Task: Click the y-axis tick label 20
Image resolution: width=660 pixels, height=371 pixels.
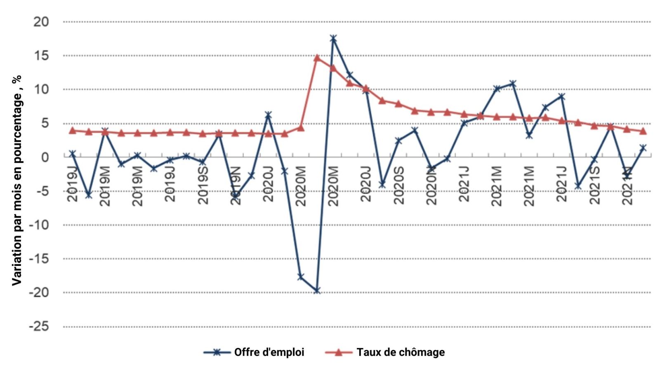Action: click(41, 22)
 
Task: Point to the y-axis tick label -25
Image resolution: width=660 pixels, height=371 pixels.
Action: click(39, 326)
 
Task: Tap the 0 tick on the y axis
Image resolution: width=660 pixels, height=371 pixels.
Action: click(45, 157)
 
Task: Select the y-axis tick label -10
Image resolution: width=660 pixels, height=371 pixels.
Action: click(39, 225)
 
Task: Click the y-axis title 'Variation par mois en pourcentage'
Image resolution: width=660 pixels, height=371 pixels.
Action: click(17, 180)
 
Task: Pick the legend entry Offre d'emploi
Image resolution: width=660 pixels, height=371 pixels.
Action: click(269, 352)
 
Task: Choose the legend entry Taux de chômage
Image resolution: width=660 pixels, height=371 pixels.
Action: click(401, 352)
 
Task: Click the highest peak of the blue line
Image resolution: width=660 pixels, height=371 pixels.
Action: click(333, 39)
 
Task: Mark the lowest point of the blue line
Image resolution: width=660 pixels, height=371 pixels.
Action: click(317, 291)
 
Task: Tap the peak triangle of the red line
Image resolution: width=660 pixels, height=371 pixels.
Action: click(317, 58)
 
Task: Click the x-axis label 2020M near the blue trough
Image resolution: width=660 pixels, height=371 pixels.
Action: click(301, 186)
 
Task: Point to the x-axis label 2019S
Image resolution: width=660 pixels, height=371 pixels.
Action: click(203, 185)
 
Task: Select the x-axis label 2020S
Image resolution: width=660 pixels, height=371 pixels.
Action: click(399, 185)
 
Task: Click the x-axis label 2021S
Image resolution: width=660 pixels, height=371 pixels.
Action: click(594, 185)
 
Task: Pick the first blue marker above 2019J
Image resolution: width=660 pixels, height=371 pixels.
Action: click(73, 154)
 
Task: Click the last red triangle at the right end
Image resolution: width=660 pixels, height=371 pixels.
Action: click(643, 131)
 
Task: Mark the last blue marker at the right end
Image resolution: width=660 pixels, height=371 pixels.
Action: click(643, 148)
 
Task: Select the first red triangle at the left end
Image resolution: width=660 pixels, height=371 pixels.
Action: click(73, 131)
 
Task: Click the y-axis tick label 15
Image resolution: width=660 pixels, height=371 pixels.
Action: click(41, 56)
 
